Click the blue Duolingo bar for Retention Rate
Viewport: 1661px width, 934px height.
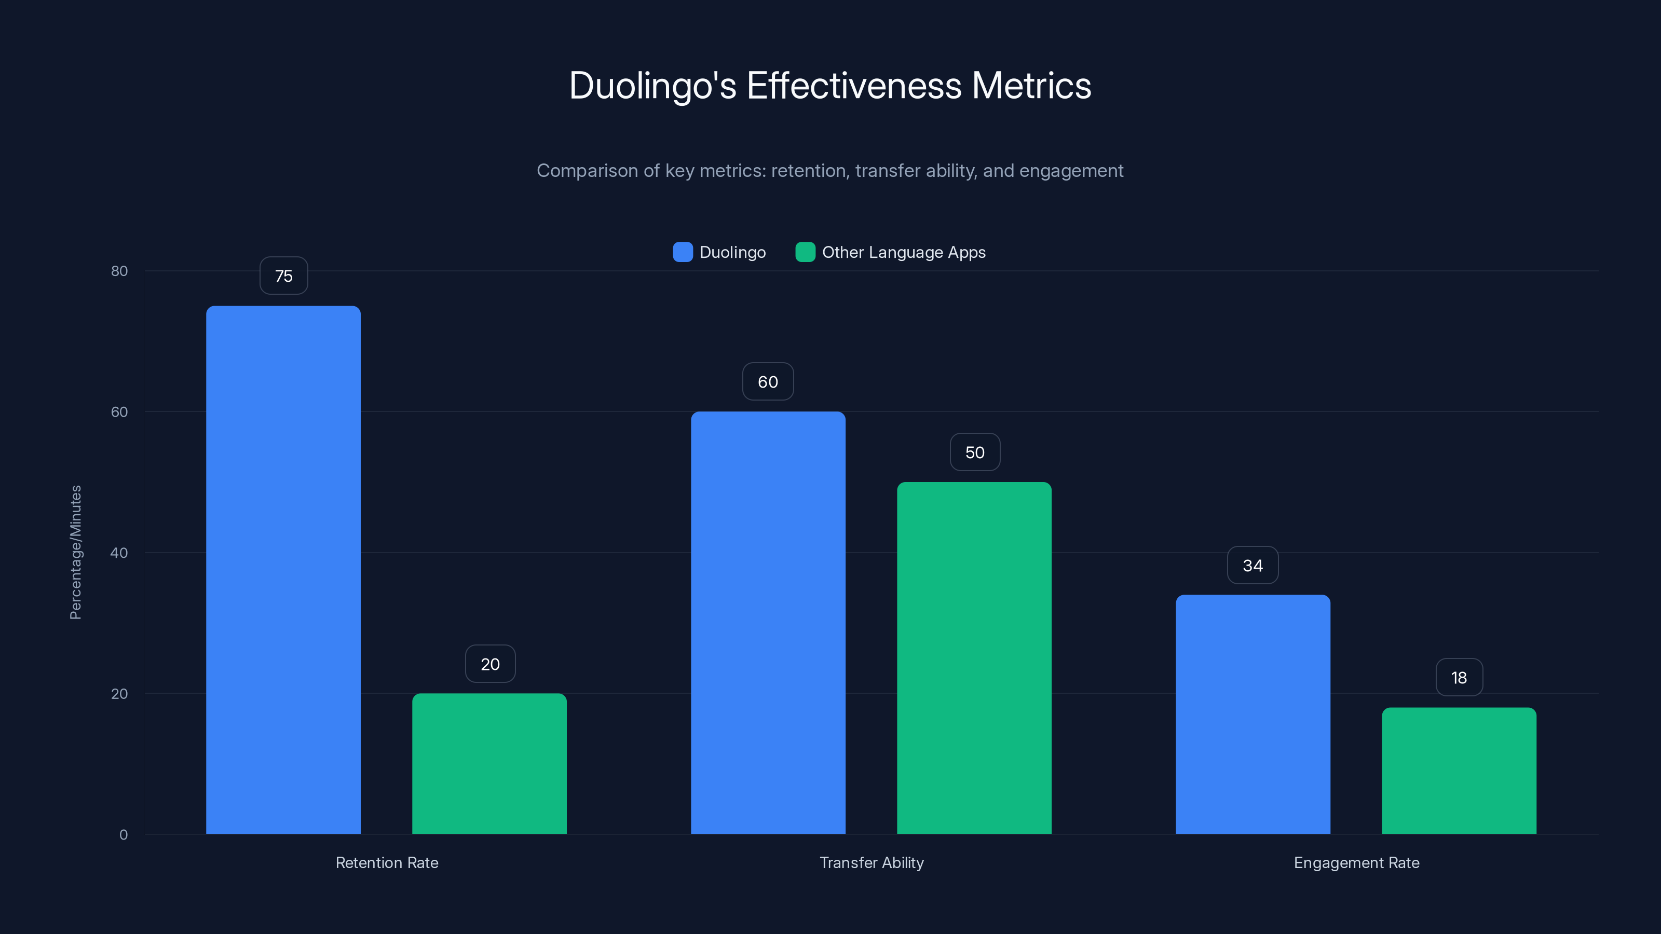pyautogui.click(x=283, y=570)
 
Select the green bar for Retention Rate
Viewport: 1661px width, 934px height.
pyautogui.click(x=489, y=764)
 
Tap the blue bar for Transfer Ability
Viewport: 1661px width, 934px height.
pyautogui.click(x=768, y=623)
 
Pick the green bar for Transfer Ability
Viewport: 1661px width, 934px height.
pyautogui.click(x=974, y=658)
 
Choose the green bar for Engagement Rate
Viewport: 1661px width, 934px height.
pyautogui.click(x=1459, y=771)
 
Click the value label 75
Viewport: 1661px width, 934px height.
pyautogui.click(x=284, y=276)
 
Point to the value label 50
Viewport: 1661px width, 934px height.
pyautogui.click(x=975, y=452)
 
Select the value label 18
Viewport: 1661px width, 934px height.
pyautogui.click(x=1459, y=678)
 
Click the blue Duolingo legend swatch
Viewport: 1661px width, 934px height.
pyautogui.click(x=682, y=252)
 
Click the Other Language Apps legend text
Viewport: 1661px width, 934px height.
pyautogui.click(x=903, y=252)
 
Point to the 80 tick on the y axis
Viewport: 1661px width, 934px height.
pyautogui.click(x=119, y=271)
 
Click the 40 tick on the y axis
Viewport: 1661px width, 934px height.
pyautogui.click(x=119, y=553)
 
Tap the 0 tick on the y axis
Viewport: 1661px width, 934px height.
pyautogui.click(x=123, y=835)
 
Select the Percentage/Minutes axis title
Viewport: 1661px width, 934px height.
pyautogui.click(x=75, y=553)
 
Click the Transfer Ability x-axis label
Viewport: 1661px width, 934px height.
pyautogui.click(x=871, y=862)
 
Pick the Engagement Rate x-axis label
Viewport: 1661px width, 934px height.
pyautogui.click(x=1356, y=862)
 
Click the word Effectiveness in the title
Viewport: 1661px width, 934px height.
pyautogui.click(x=854, y=86)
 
